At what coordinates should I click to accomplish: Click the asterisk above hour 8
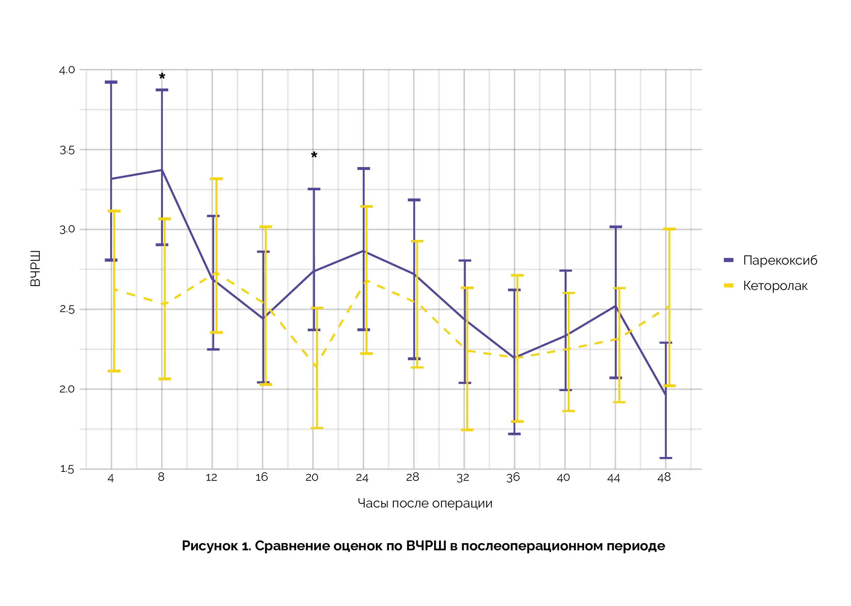(x=162, y=76)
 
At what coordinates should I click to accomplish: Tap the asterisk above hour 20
(x=314, y=155)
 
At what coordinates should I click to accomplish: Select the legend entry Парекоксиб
(x=779, y=260)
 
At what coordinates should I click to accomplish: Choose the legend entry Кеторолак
(x=775, y=286)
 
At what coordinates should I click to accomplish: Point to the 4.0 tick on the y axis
(x=67, y=70)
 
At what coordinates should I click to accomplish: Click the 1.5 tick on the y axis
(x=67, y=469)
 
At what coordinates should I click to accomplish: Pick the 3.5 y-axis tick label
(x=67, y=150)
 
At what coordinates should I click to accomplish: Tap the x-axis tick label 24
(x=362, y=477)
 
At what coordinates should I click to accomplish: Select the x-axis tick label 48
(x=664, y=477)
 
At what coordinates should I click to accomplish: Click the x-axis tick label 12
(x=211, y=477)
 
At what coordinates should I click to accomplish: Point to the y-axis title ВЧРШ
(x=35, y=269)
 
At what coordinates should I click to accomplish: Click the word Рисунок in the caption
(x=209, y=546)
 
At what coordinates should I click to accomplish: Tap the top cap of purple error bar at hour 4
(x=111, y=82)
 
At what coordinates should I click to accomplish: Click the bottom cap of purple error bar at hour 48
(x=666, y=458)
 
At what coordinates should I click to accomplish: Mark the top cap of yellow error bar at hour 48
(x=669, y=229)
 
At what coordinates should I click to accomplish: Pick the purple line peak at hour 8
(x=162, y=170)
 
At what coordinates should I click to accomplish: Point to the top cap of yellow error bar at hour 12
(x=216, y=179)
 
